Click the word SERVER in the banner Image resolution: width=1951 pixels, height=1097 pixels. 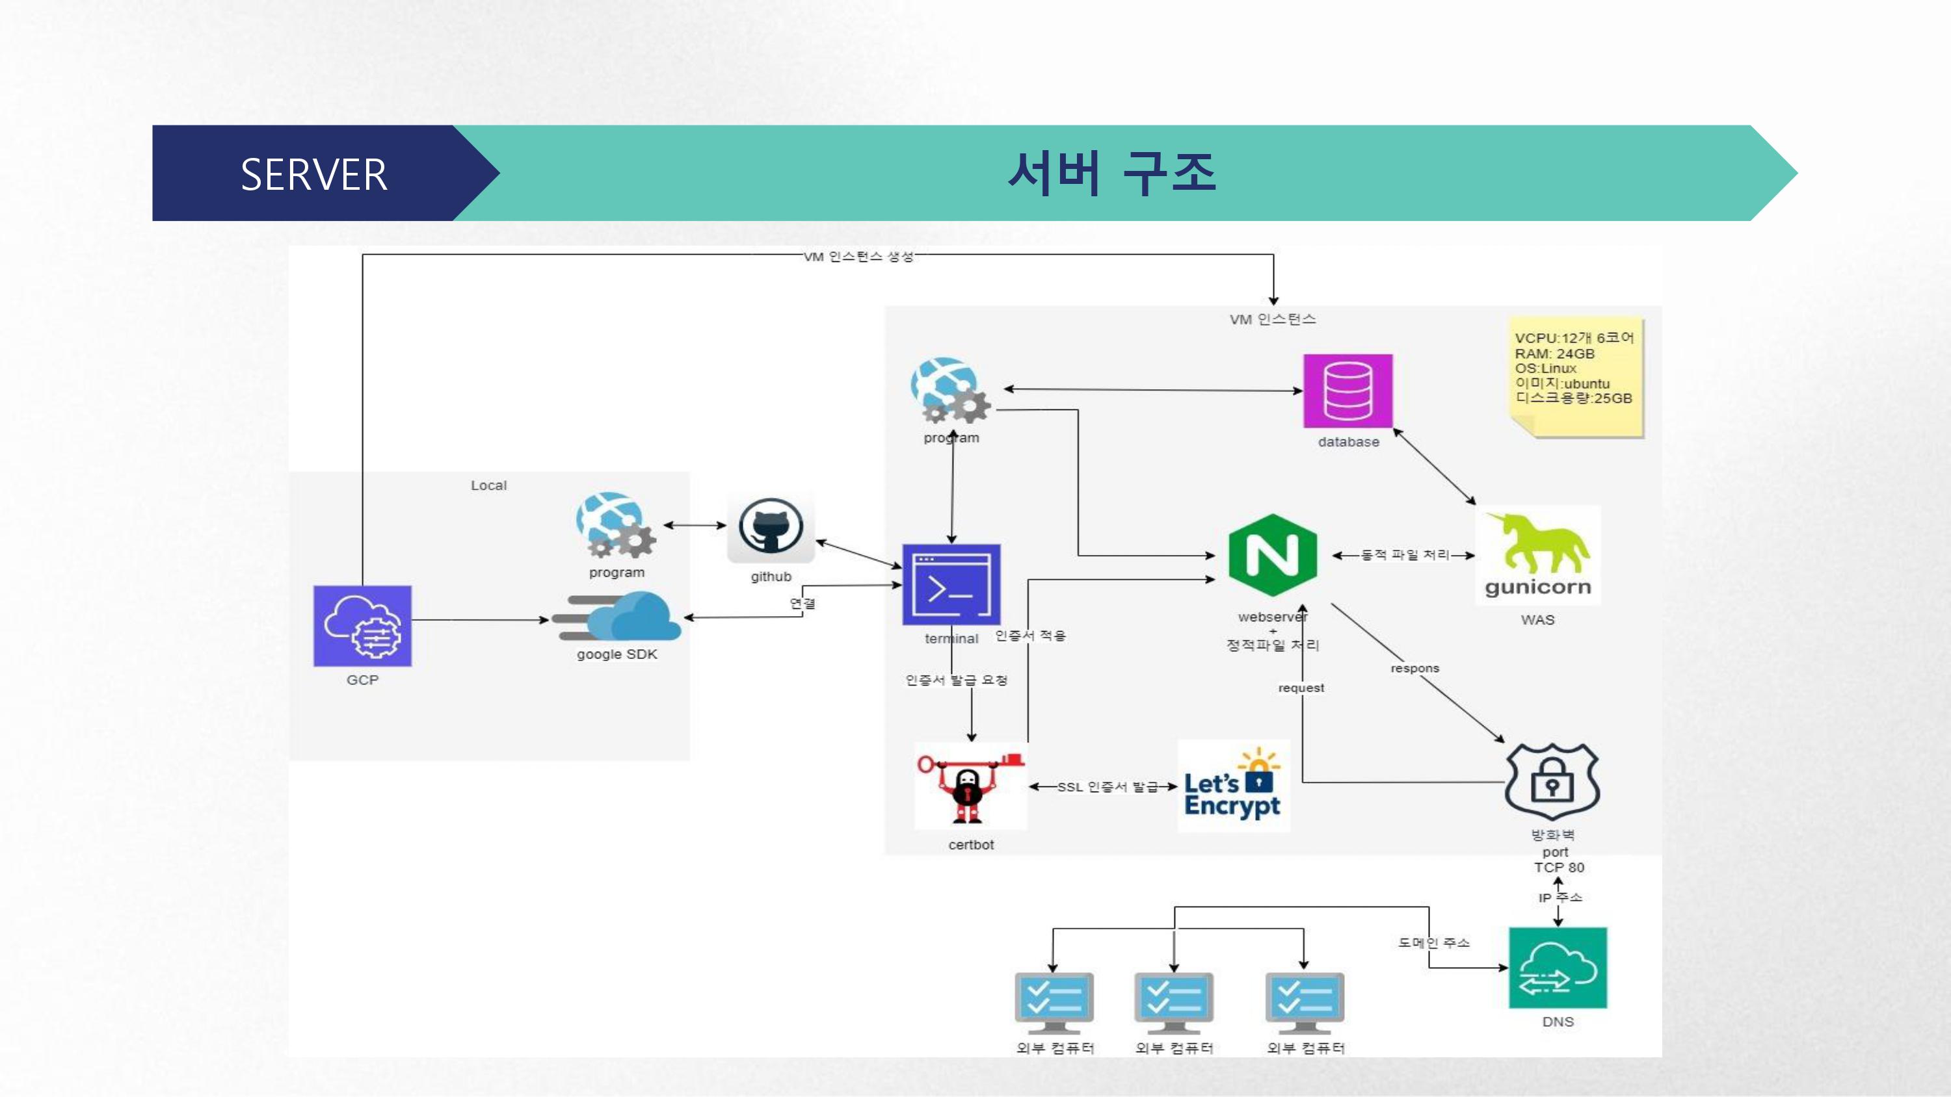(313, 174)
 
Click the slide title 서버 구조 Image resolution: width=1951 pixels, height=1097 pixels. (1111, 174)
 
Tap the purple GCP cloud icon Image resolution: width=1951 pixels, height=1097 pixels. (363, 625)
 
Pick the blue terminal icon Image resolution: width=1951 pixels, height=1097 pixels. (951, 584)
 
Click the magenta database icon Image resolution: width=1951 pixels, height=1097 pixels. (1347, 391)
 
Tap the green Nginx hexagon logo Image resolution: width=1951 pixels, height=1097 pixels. (1273, 555)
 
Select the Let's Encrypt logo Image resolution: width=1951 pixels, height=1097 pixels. (1233, 786)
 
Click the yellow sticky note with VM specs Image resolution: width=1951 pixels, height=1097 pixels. (1575, 376)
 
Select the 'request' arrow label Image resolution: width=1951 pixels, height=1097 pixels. (1301, 688)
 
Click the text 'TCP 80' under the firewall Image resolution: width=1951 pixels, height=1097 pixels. (1559, 868)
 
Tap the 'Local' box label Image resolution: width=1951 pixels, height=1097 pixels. (488, 485)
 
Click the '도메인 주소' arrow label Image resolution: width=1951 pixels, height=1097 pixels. (1433, 942)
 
